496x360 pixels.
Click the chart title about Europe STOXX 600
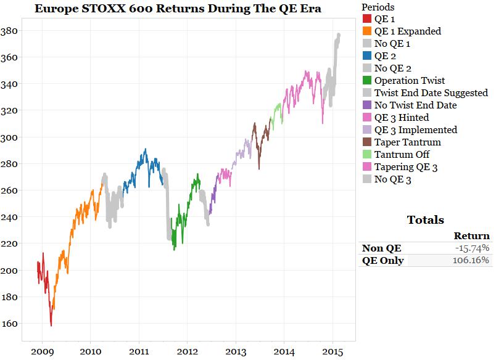[x=178, y=9]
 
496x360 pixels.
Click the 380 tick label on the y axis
[x=10, y=31]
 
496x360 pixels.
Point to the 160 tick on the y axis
[x=10, y=324]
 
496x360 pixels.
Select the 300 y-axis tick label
[x=10, y=137]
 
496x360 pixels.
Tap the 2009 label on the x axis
[x=42, y=351]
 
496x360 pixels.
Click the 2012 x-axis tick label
[x=187, y=351]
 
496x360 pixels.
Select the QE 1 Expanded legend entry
[x=407, y=31]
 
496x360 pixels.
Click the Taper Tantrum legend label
[x=407, y=142]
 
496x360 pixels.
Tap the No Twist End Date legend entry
[x=415, y=105]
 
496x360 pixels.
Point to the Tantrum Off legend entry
[x=402, y=155]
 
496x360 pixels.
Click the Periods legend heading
[x=379, y=7]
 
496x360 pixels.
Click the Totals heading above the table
[x=425, y=220]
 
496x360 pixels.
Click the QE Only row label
[x=383, y=260]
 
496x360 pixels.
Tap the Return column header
[x=471, y=235]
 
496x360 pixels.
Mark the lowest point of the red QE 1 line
[x=51, y=325]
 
